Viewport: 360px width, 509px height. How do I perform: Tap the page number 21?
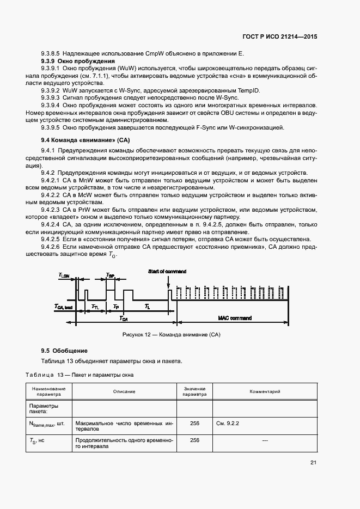[313, 463]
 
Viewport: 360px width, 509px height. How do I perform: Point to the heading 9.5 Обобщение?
[64, 351]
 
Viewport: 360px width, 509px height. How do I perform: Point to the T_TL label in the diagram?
[95, 307]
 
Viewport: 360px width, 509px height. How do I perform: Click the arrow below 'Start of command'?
[168, 283]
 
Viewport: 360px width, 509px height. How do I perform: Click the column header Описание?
[124, 391]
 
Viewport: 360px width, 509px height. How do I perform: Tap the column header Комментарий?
[265, 391]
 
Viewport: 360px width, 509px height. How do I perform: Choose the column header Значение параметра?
[194, 391]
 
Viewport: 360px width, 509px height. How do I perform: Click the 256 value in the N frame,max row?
[194, 422]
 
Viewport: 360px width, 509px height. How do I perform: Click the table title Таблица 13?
[45, 375]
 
